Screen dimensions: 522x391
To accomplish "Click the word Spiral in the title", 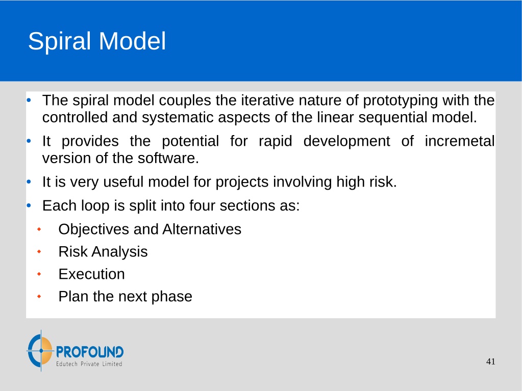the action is point(59,42).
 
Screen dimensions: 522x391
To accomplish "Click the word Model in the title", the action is point(132,41).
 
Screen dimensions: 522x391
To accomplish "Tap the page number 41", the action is point(491,361).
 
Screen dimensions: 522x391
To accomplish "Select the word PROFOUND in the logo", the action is point(90,352).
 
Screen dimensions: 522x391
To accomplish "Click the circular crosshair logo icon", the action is point(40,351).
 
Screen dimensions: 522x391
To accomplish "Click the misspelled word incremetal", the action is point(459,141).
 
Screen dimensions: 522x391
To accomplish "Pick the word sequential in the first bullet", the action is point(392,118).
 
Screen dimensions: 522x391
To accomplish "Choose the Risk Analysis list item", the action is point(103,252).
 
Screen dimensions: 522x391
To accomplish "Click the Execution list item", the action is point(91,274).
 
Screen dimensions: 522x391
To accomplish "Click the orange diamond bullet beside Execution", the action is point(39,274).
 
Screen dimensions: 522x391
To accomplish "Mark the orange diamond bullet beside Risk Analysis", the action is point(39,252).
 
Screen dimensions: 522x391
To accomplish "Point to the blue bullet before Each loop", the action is point(29,205).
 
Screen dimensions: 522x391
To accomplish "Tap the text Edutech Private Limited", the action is point(89,364).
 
